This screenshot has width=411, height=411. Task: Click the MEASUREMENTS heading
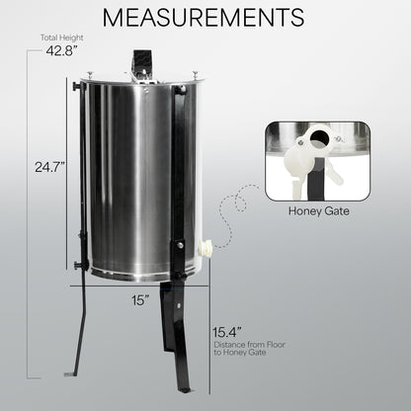click(205, 20)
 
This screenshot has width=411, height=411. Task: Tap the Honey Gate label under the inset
click(316, 209)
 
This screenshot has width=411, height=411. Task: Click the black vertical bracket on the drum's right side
click(180, 168)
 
